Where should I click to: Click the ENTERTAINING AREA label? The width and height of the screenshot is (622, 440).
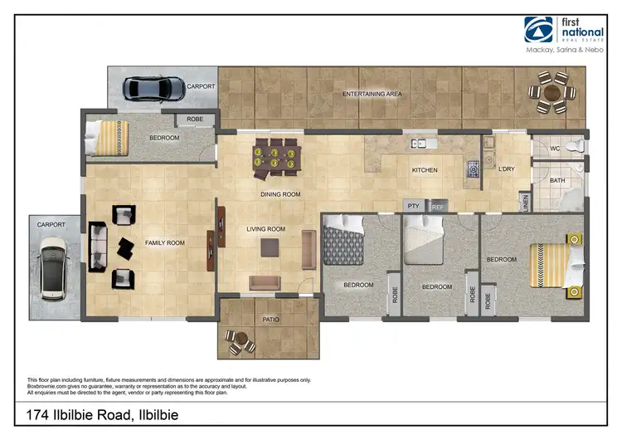(x=372, y=95)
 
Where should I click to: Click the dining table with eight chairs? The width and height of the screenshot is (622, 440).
(x=275, y=158)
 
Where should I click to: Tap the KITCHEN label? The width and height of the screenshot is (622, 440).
(x=425, y=170)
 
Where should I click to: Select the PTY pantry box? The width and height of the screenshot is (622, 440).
(x=412, y=206)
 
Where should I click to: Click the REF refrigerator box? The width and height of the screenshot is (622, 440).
(x=438, y=206)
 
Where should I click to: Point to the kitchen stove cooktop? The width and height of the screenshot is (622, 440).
(x=474, y=169)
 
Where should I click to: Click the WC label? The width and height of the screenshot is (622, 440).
(x=556, y=149)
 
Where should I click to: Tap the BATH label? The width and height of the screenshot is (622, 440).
(x=557, y=180)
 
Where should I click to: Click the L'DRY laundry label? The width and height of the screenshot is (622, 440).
(x=506, y=169)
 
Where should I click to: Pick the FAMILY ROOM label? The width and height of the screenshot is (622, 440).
(x=165, y=242)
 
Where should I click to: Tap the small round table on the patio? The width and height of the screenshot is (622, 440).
(x=240, y=340)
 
